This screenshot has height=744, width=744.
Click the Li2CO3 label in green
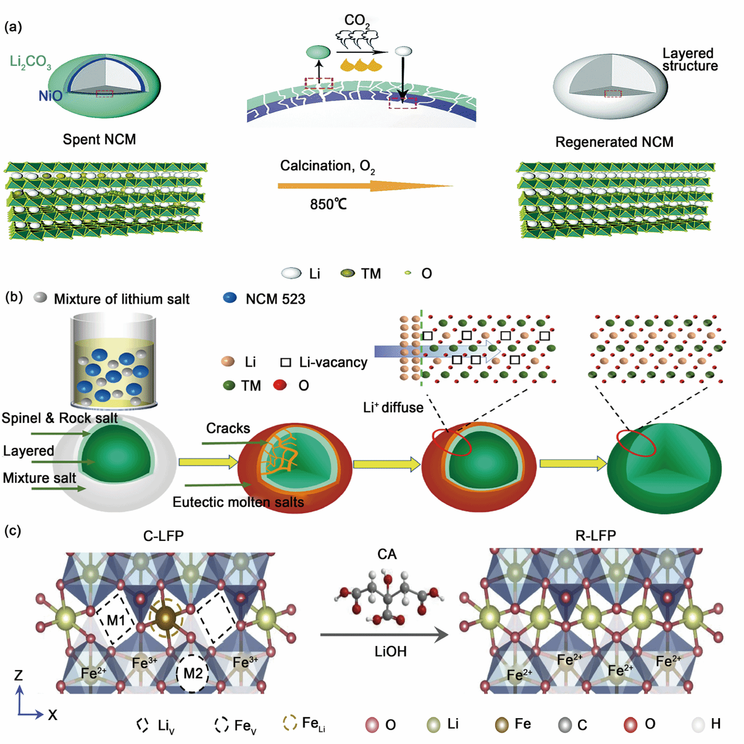31,62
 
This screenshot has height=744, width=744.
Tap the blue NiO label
50,96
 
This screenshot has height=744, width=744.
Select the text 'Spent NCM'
99,140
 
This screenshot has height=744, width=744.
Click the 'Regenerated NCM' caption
614,142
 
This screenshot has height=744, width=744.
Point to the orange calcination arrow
364,186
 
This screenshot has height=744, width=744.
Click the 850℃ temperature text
328,204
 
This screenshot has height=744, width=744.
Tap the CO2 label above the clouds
357,21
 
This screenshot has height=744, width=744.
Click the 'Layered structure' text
689,60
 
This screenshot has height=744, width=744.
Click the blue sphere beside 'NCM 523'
230,298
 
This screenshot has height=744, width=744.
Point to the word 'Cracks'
228,429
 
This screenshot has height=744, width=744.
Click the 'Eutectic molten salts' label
238,503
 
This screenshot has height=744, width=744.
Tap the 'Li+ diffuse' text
393,408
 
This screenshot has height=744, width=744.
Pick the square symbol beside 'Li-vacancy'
286,362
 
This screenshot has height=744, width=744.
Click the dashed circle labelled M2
192,673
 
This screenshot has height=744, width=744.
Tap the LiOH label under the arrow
390,652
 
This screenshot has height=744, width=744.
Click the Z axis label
19,675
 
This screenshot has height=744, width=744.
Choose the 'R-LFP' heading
596,536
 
